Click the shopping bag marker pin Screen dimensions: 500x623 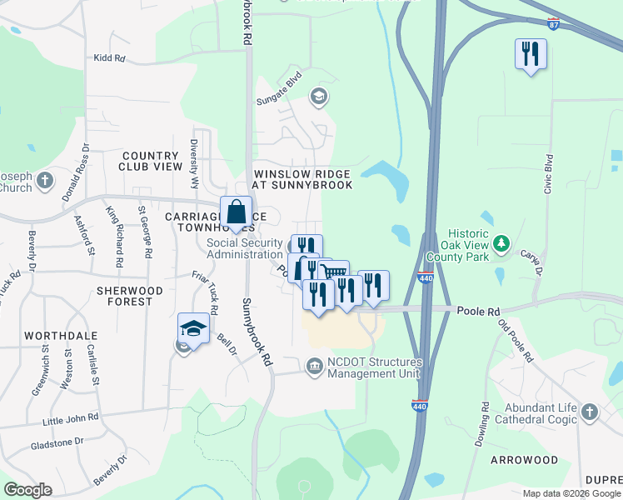(x=237, y=212)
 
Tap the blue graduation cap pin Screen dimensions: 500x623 (x=193, y=328)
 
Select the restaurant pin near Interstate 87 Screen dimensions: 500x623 (x=531, y=55)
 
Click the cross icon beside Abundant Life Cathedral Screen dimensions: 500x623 (x=590, y=412)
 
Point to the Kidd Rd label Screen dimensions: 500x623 (x=109, y=58)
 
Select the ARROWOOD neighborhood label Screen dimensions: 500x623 (x=524, y=460)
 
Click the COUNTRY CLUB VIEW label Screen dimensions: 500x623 (x=152, y=161)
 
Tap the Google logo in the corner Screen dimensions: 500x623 (x=27, y=489)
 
